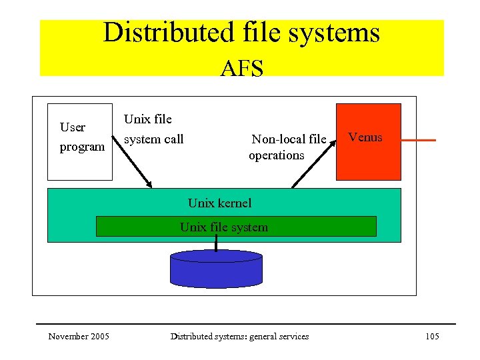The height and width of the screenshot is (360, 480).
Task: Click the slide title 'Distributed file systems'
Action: point(241,33)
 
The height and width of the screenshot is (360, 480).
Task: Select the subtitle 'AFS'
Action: point(241,67)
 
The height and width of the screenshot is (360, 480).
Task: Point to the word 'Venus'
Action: point(365,137)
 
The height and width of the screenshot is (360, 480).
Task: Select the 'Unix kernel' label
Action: point(219,203)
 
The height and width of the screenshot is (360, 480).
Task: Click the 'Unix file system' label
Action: point(223,227)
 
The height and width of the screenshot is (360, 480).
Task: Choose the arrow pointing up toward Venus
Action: point(310,167)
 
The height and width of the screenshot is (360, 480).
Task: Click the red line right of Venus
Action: point(419,140)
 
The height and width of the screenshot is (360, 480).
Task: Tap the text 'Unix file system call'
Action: point(153,129)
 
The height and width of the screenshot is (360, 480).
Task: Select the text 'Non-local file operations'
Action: point(287,147)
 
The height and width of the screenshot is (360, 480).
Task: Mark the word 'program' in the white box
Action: point(82,147)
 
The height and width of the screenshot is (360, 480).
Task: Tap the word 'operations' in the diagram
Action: point(276,155)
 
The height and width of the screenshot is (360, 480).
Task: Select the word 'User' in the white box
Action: point(72,127)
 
